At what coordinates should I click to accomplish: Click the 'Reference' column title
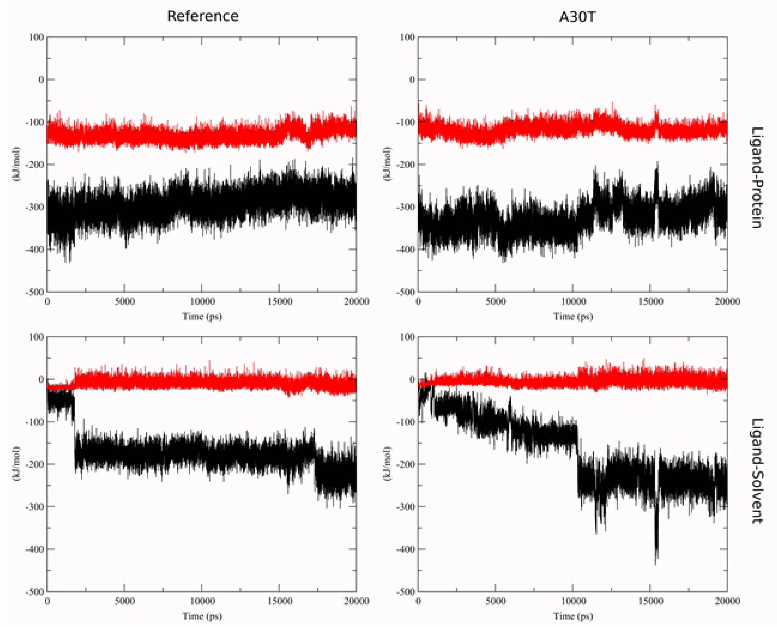click(x=203, y=16)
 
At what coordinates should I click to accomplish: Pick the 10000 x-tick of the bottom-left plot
click(x=202, y=601)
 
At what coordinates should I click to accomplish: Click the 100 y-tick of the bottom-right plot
click(x=407, y=337)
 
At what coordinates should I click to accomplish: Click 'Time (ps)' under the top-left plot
click(x=202, y=317)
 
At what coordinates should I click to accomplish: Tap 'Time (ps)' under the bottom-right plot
click(x=573, y=616)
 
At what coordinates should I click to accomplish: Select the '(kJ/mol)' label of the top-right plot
click(x=387, y=164)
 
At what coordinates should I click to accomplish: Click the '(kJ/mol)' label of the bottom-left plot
click(x=16, y=463)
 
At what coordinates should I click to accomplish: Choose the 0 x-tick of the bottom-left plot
click(x=47, y=601)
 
